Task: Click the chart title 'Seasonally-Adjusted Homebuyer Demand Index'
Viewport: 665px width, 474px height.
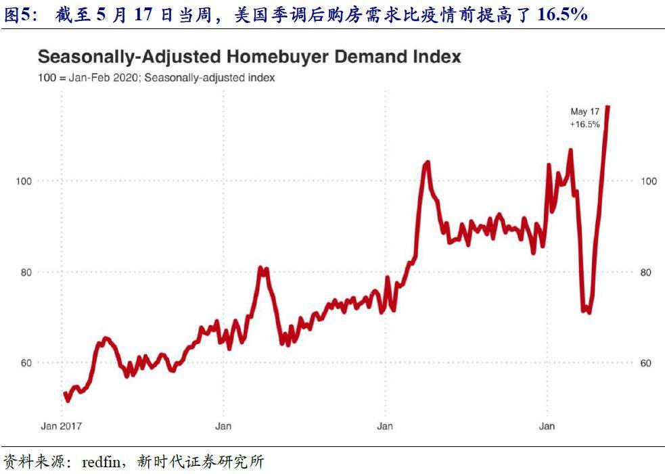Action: tap(249, 57)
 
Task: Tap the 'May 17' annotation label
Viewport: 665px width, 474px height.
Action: tap(584, 112)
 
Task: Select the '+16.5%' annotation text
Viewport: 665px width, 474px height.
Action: tap(584, 124)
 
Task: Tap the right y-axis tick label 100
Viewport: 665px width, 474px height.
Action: tap(647, 181)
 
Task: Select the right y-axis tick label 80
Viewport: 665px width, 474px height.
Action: tap(645, 272)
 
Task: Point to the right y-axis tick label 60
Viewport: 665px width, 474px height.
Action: tap(645, 363)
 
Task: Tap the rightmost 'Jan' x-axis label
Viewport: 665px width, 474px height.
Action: tap(547, 426)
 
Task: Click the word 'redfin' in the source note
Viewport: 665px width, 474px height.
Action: tap(100, 463)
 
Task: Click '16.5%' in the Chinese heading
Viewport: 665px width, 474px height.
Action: tap(562, 14)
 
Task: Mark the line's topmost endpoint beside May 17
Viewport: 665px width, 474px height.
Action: tap(607, 107)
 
